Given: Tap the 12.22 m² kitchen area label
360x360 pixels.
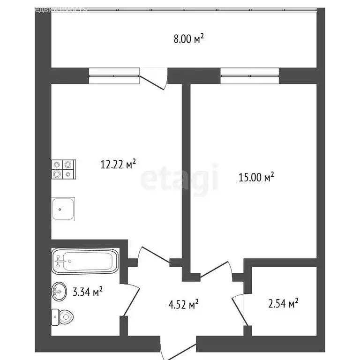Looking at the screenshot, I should [x=118, y=164].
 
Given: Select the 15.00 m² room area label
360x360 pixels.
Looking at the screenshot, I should [x=255, y=178].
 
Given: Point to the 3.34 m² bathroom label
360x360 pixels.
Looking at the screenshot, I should [x=87, y=292].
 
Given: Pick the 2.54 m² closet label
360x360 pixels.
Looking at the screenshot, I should [x=283, y=304].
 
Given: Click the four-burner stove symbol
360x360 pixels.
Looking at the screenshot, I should [x=63, y=169].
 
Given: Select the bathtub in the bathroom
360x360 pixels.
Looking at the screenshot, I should [x=84, y=261].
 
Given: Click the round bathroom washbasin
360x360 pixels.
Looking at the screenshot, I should [x=59, y=291].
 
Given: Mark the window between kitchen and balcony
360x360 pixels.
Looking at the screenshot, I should [x=114, y=75].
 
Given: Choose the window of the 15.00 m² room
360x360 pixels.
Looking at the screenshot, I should [x=249, y=75].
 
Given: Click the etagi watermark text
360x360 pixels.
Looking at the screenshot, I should [x=180, y=178].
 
